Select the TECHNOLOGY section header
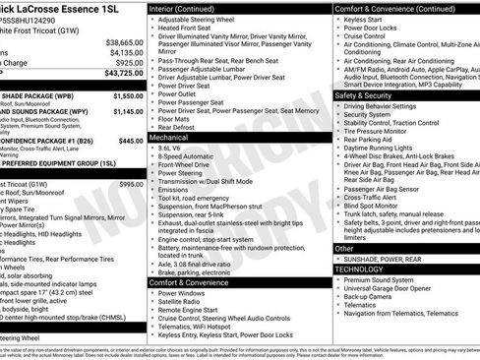coord(360,268)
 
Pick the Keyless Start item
coord(366,19)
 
